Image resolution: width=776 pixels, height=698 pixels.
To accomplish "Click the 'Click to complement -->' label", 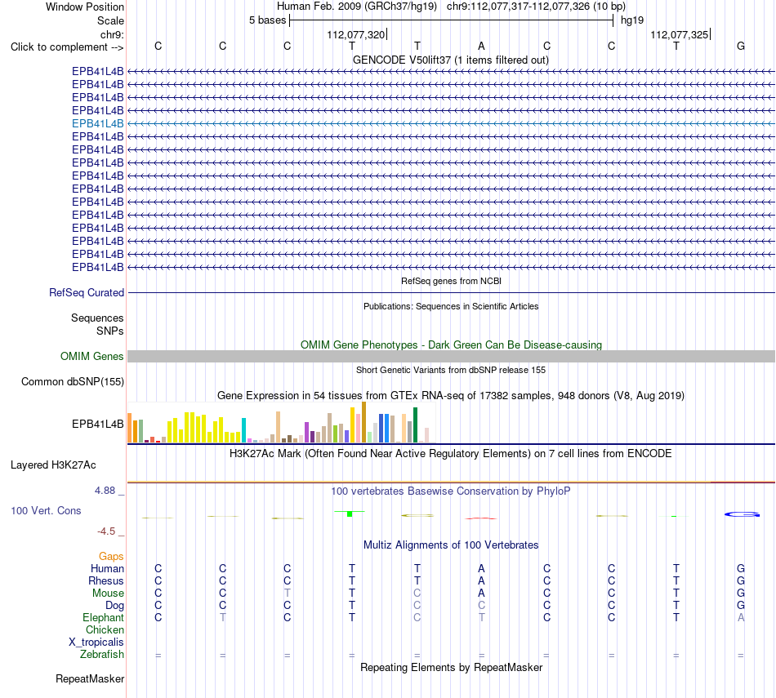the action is click(x=67, y=47).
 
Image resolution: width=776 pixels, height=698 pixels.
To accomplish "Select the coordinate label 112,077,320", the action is click(x=356, y=34).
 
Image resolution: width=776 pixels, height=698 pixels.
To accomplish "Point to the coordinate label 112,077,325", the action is click(x=679, y=34).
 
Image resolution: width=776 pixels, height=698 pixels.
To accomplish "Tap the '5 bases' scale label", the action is click(x=267, y=20).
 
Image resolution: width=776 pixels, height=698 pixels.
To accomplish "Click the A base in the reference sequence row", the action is click(x=481, y=46).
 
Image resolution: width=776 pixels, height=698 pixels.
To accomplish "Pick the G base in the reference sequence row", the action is click(x=741, y=46).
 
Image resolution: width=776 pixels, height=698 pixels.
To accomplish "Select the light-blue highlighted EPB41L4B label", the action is click(x=97, y=123).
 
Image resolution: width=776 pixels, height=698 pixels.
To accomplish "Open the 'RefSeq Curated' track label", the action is click(x=87, y=293).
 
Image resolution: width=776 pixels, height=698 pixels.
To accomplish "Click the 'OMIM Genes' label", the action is click(x=92, y=356).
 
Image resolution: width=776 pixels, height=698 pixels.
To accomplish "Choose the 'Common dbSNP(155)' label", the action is click(x=73, y=382).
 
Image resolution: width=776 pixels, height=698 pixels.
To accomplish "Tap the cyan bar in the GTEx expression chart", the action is click(x=243, y=430).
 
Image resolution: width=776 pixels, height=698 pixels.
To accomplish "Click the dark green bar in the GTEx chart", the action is click(x=416, y=425).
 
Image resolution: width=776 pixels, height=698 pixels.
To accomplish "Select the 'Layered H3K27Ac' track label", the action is click(x=53, y=465).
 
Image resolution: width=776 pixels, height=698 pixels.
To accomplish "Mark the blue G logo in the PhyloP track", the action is click(x=742, y=514).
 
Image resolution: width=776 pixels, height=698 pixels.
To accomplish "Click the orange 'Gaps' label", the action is click(x=111, y=557).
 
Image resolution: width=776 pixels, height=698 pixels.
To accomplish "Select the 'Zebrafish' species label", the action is click(x=102, y=655).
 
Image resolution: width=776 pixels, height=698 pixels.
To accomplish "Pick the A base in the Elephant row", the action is click(x=741, y=617).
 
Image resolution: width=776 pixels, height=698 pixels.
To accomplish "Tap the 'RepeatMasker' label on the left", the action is click(x=90, y=678).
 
